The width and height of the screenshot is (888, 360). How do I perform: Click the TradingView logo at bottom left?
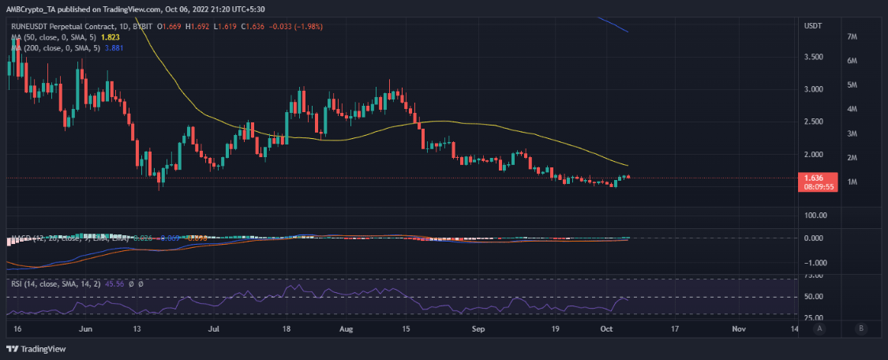pos(38,349)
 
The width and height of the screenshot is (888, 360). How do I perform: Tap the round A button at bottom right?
pos(822,328)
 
